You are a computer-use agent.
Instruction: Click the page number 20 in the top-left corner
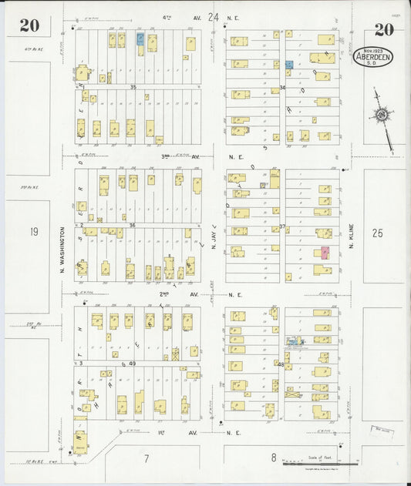point(30,26)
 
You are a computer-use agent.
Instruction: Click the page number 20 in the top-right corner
point(383,30)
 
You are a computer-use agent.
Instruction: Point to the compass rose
point(381,116)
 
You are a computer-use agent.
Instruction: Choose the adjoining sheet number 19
point(33,230)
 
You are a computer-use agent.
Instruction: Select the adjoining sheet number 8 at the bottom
point(273,458)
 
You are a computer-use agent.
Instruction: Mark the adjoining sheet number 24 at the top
point(214,16)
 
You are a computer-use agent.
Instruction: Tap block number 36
point(132,225)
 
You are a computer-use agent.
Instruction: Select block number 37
point(282,226)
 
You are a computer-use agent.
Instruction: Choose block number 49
point(132,364)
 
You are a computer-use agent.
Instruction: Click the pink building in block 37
point(325,253)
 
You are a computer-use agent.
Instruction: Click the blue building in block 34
point(288,65)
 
